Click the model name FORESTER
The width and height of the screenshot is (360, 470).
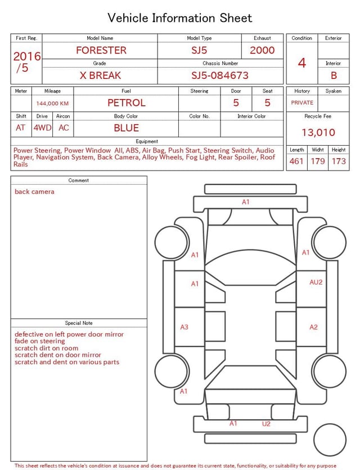click(x=101, y=50)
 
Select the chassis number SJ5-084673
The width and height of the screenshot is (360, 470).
click(x=220, y=75)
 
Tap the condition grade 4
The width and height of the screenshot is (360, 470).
click(x=302, y=63)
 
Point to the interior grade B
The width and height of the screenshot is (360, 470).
click(x=334, y=75)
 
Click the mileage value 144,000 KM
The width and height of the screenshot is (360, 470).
click(x=52, y=104)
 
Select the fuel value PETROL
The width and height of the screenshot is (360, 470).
click(x=127, y=103)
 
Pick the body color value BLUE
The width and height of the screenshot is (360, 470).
click(x=127, y=128)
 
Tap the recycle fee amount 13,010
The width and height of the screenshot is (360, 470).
click(x=318, y=132)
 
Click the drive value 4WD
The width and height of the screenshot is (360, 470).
click(x=42, y=128)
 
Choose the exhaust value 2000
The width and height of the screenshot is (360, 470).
click(x=262, y=50)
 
